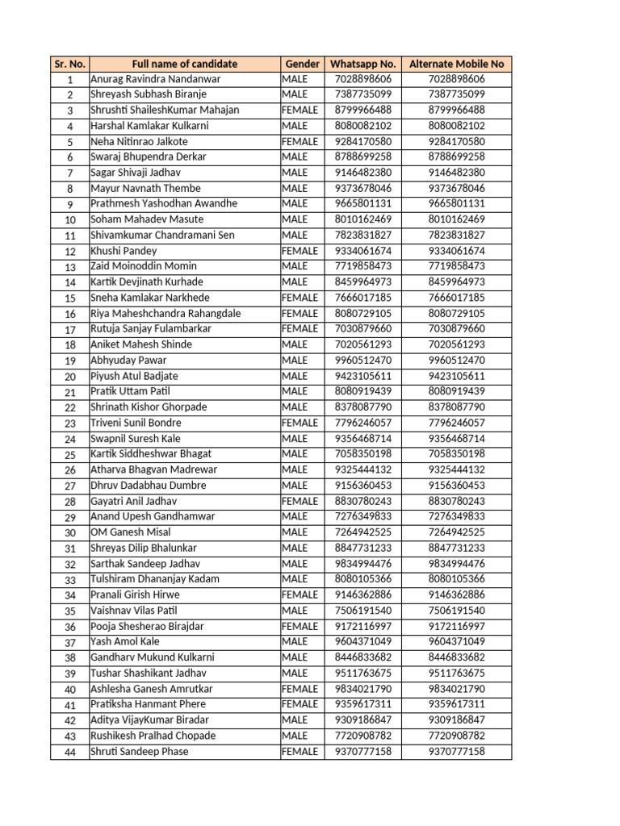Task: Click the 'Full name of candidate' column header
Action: (x=184, y=64)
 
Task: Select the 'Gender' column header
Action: (x=301, y=64)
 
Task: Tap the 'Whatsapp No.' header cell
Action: (x=362, y=64)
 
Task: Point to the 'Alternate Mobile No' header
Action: (x=457, y=64)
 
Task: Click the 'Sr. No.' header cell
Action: (x=70, y=64)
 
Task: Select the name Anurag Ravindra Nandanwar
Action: (x=155, y=79)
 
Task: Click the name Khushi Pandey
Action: (x=124, y=251)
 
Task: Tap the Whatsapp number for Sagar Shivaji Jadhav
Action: (x=362, y=173)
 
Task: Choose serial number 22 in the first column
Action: (x=70, y=407)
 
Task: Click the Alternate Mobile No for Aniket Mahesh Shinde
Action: (x=457, y=344)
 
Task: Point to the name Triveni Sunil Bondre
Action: (x=136, y=423)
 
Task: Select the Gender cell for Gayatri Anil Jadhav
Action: (x=300, y=501)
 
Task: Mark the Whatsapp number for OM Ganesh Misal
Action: (x=362, y=532)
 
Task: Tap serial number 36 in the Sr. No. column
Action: (x=70, y=627)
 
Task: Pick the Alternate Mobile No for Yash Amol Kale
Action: (x=457, y=641)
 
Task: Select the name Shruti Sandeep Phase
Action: (x=139, y=751)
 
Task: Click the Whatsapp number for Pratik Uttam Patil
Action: (x=362, y=391)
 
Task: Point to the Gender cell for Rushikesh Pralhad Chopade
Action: (x=295, y=736)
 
